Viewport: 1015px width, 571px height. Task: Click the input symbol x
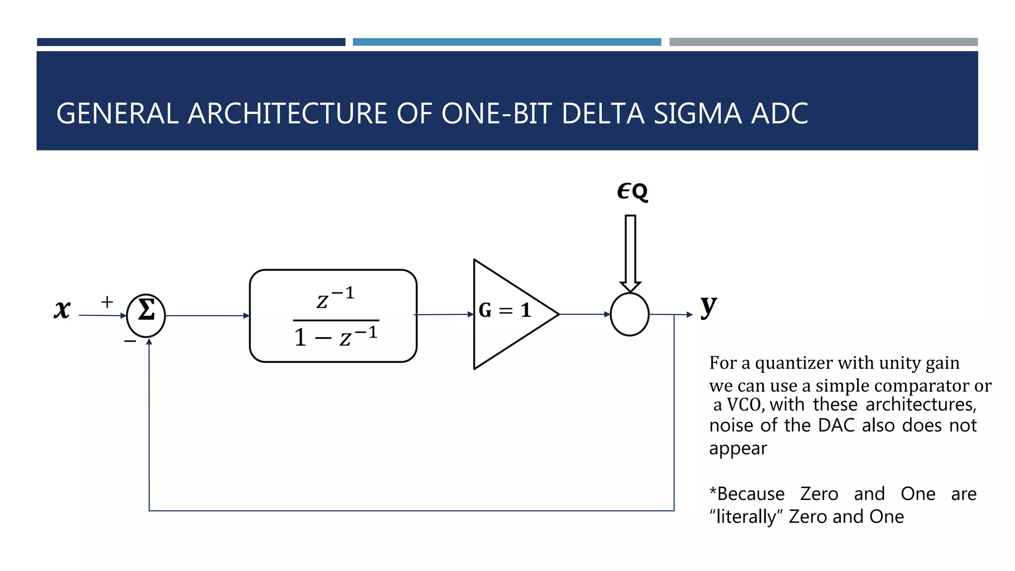point(62,310)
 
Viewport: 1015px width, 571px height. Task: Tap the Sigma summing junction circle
point(146,315)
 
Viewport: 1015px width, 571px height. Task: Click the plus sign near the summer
point(107,302)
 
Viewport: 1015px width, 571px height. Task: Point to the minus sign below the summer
point(130,342)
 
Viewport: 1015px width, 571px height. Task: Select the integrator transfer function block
point(333,316)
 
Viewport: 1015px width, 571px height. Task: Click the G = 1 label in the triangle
point(505,311)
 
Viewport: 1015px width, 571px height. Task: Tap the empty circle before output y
point(629,314)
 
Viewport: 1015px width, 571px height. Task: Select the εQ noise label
point(632,191)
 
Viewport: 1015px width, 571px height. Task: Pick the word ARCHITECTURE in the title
point(288,114)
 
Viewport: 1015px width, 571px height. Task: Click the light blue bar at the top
point(507,42)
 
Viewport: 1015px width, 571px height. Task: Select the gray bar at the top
point(823,42)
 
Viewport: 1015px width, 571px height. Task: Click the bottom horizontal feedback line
point(411,511)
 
